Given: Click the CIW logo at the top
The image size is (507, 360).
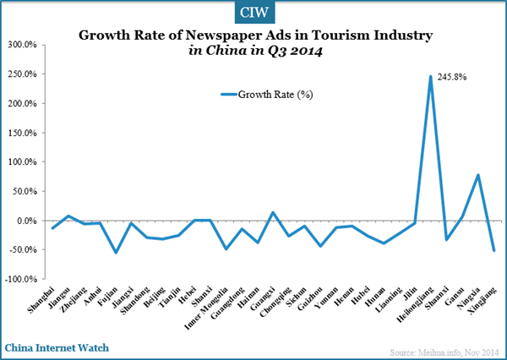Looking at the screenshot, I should click(x=253, y=13).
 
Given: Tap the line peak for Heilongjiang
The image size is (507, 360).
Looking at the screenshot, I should click(x=430, y=77).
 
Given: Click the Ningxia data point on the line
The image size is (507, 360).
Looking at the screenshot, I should click(x=478, y=175).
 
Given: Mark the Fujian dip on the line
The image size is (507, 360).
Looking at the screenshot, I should click(x=117, y=253).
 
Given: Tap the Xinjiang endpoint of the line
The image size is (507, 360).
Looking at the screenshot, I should click(x=493, y=250).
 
